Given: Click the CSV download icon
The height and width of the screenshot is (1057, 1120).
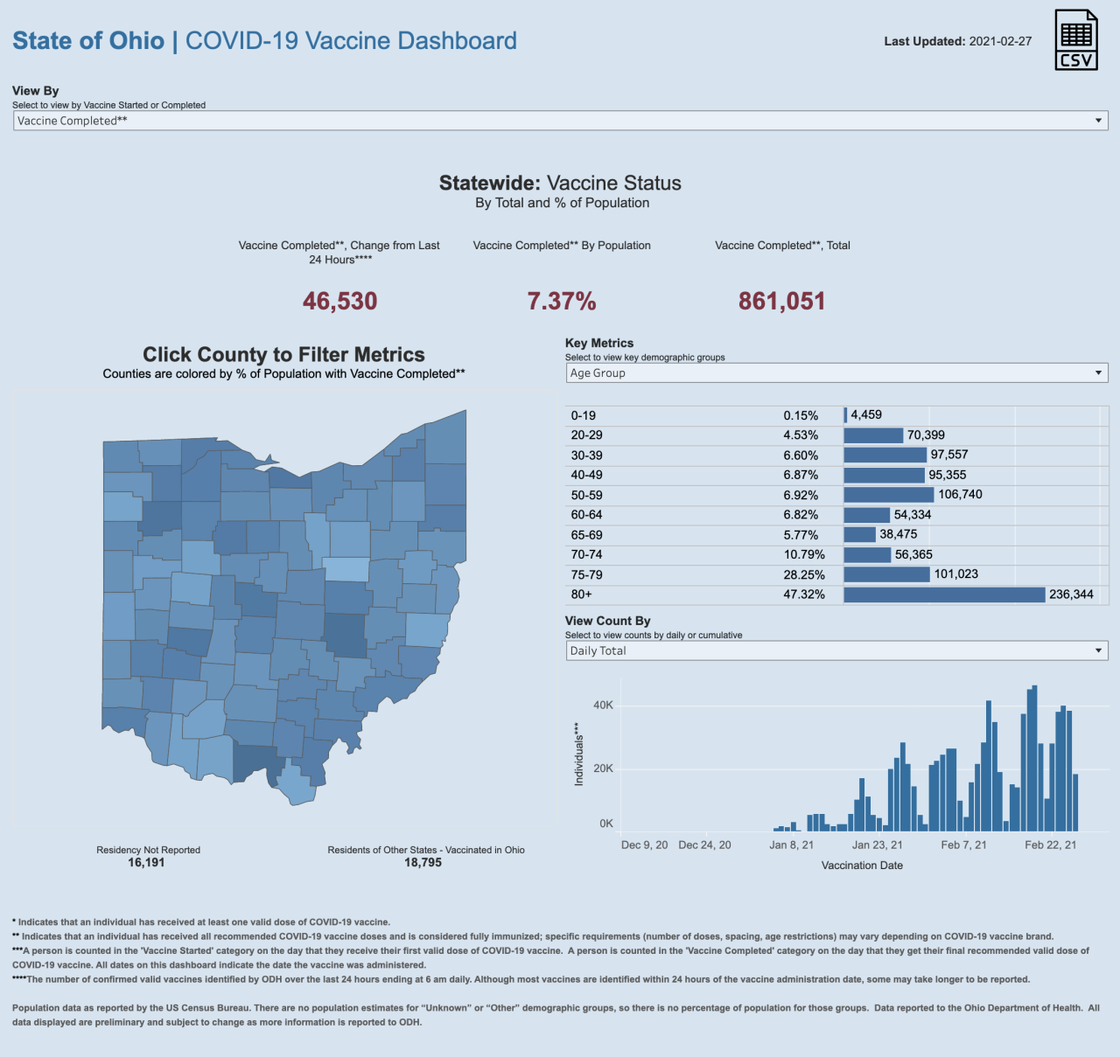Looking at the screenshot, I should point(1075,40).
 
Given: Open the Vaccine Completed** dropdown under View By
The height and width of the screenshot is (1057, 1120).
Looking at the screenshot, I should point(560,121).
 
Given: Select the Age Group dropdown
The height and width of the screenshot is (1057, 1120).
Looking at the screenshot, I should point(836,373).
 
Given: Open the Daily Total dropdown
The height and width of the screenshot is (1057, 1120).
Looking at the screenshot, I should point(836,650).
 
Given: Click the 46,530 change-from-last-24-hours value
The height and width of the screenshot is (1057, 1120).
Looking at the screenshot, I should point(339,302).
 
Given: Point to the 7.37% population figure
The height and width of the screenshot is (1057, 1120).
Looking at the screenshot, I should point(562,302).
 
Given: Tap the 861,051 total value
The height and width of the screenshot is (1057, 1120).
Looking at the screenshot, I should point(781,302).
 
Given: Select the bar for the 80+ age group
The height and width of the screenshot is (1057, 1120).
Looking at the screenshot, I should point(944,595).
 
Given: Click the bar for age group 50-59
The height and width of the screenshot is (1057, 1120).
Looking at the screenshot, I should point(889,495).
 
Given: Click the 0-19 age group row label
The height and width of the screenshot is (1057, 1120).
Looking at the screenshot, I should point(584,416).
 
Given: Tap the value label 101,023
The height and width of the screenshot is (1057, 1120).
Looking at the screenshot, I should point(955,574).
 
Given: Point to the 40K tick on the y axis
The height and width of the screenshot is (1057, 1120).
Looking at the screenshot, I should point(604,705).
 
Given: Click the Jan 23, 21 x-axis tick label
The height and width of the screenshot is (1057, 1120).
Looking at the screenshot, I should point(877,845).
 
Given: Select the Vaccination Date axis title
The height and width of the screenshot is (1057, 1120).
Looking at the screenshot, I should point(862,866).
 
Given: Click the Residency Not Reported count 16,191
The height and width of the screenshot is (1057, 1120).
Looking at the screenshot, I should point(146,863).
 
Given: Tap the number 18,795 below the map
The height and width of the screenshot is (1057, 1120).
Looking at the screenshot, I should point(423,863).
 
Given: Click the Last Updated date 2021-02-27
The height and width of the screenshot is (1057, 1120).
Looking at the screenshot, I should point(1000,41).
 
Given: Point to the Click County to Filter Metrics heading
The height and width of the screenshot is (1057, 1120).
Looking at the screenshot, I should point(283,354).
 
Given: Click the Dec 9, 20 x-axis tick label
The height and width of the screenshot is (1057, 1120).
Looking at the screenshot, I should point(644,845).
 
